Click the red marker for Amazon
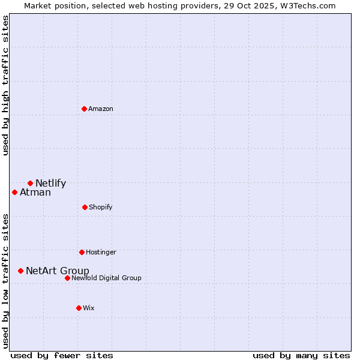[85, 109]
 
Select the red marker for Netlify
[30, 183]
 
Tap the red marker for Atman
[15, 192]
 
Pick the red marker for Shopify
[85, 207]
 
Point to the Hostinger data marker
[82, 252]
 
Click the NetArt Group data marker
[20, 271]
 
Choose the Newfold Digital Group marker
[67, 278]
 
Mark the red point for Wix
[79, 308]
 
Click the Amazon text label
[101, 109]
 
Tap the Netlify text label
[50, 183]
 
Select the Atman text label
[35, 192]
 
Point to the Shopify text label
[101, 207]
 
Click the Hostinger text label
[101, 252]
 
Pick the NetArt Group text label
[58, 271]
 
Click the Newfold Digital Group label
[106, 278]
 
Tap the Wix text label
[89, 308]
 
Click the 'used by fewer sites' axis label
[62, 355]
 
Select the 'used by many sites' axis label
[301, 355]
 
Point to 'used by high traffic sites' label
[5, 85]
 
